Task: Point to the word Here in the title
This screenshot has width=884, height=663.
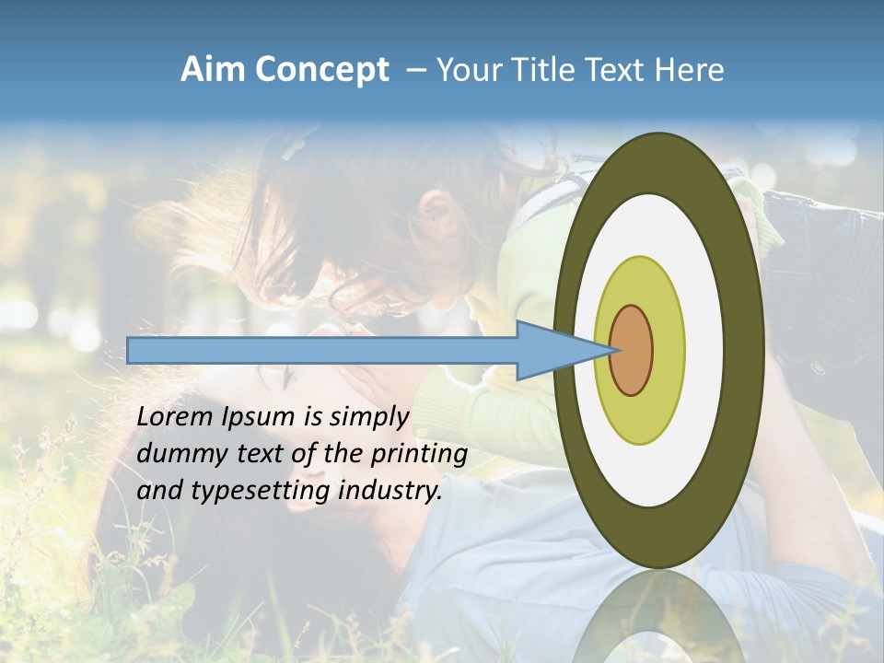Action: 691,70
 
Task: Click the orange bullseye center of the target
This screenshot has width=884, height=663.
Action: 631,351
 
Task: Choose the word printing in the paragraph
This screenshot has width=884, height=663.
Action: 419,455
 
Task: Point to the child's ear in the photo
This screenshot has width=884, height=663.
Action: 441,218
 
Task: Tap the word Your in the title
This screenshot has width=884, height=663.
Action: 469,70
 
